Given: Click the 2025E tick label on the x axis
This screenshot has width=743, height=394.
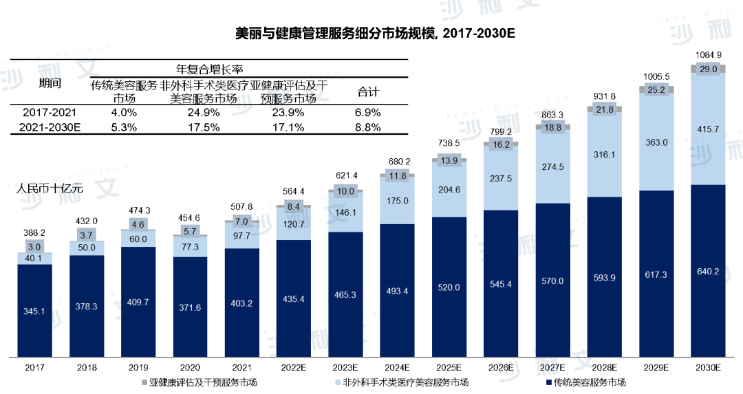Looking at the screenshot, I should tap(449, 369).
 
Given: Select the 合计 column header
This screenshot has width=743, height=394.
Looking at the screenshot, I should tap(369, 91).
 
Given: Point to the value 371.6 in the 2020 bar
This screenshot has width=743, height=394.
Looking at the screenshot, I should tap(190, 307).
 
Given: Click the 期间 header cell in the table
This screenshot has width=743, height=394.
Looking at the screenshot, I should tap(50, 84).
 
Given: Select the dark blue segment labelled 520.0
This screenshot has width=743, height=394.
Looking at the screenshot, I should tap(449, 287).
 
